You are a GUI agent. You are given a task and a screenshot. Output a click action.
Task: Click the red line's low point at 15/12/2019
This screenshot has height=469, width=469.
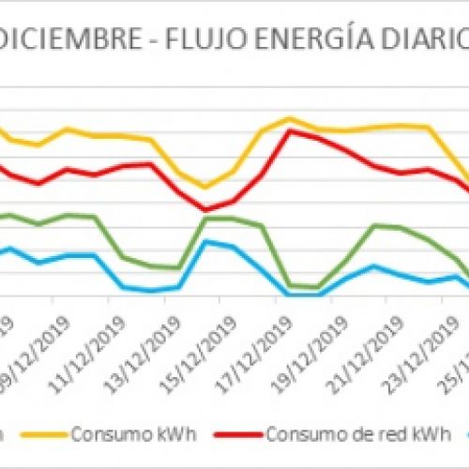click(206, 210)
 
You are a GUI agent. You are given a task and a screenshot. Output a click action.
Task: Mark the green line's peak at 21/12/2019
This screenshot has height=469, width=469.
click(374, 225)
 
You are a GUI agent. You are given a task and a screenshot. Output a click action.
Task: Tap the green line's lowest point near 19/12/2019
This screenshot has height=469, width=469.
click(317, 288)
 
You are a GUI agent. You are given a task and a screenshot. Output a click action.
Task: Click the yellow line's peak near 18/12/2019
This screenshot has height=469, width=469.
click(290, 119)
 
